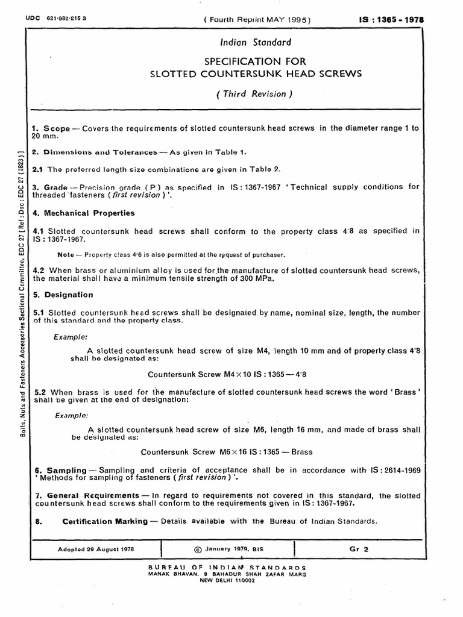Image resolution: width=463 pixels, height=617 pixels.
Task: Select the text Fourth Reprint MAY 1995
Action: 258,19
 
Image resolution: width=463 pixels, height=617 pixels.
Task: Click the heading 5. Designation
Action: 62,295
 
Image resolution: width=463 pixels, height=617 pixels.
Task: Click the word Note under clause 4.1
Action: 65,255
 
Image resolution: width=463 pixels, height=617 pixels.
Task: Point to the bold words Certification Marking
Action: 104,521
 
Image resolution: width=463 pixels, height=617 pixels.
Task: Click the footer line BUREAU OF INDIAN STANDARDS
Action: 227,568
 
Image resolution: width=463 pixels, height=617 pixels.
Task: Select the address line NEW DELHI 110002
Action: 227,580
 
